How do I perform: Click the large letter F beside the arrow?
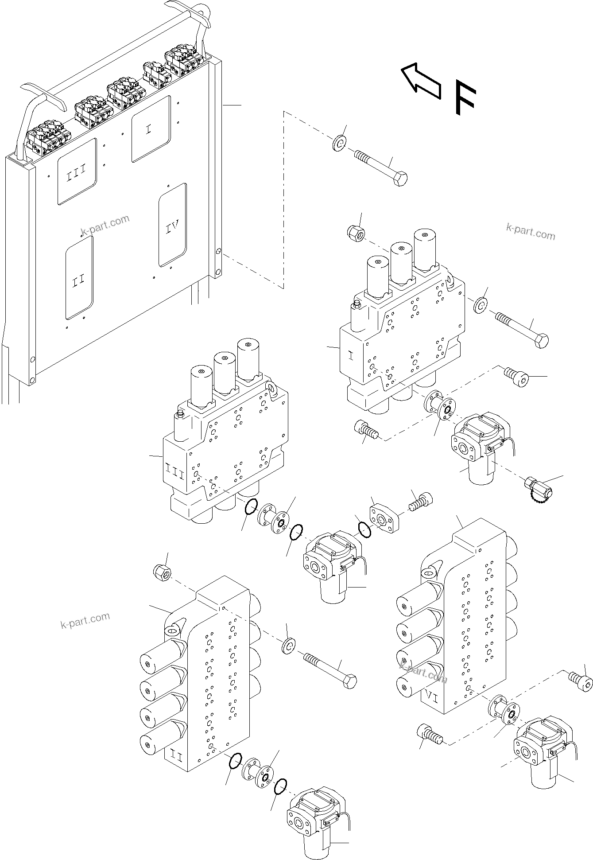(465, 98)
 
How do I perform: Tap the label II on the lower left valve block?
(176, 758)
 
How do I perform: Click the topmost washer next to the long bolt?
(340, 144)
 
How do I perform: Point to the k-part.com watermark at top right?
(530, 232)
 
